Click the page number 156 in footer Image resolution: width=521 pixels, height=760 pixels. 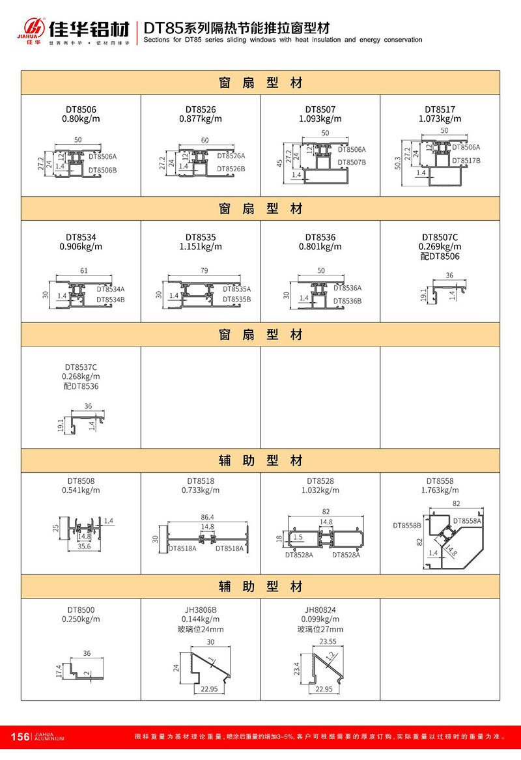point(21,737)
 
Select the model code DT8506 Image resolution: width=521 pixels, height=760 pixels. point(81,109)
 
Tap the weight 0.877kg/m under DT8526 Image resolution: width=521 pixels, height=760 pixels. point(201,119)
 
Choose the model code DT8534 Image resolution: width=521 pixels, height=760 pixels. point(81,238)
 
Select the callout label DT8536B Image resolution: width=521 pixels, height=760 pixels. point(348,301)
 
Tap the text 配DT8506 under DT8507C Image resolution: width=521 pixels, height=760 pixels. point(440,256)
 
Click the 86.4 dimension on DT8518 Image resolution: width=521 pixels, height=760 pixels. point(208,516)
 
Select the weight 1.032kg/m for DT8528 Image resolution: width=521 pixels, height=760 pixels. point(320,490)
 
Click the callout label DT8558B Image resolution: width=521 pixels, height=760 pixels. point(407,524)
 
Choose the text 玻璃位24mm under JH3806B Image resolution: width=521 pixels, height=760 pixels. point(201,629)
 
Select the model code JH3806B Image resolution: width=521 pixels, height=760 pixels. point(201,610)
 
